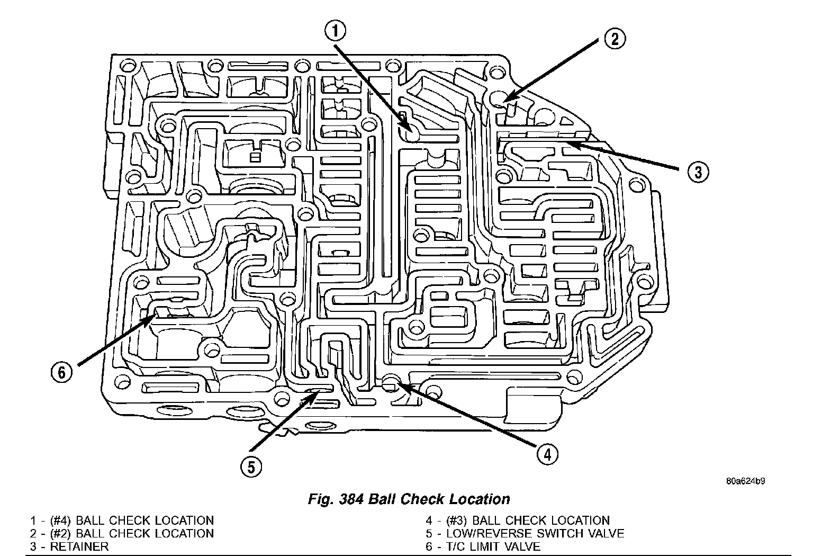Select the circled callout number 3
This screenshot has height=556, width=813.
[x=698, y=171]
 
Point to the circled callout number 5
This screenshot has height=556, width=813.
[x=251, y=466]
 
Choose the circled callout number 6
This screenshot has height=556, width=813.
[x=62, y=372]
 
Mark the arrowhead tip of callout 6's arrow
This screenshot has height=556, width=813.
[x=156, y=313]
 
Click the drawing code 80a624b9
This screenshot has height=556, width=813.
[x=746, y=481]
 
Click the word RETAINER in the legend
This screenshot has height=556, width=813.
[x=79, y=546]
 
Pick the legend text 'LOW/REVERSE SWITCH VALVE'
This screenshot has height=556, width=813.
[x=535, y=533]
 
